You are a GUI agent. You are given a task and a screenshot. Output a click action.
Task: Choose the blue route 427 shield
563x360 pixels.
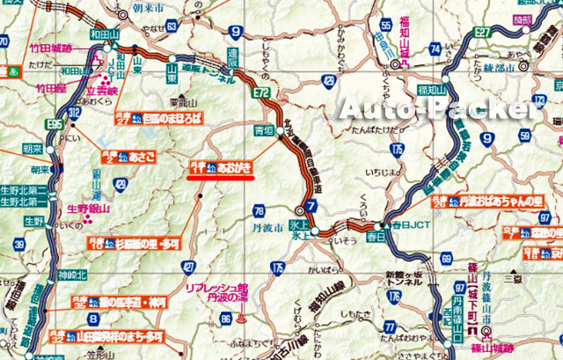pyautogui.click(x=187, y=266)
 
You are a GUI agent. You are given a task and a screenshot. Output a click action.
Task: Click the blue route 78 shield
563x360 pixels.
pyautogui.click(x=258, y=211)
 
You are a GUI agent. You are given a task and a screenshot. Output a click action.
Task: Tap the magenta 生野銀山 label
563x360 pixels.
pyautogui.click(x=89, y=209)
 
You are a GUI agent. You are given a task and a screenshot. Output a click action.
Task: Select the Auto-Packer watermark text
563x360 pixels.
pyautogui.click(x=436, y=109)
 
